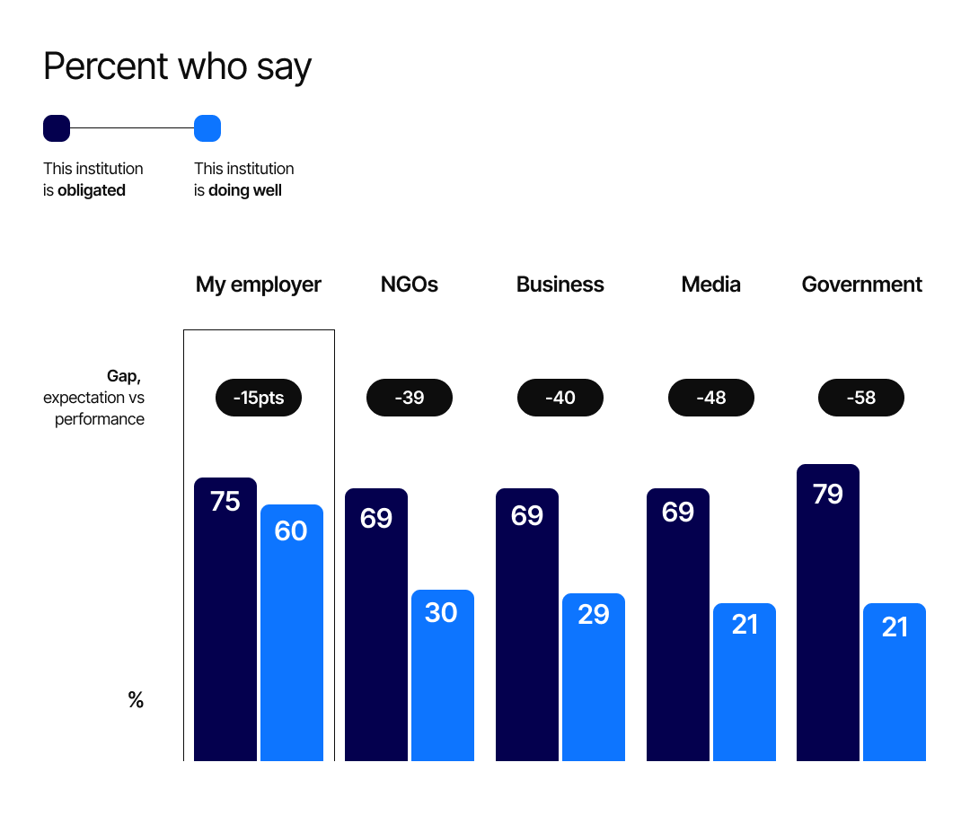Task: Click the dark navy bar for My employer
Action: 225,628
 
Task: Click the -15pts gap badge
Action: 259,398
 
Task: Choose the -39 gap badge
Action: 410,398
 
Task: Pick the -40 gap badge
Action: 560,398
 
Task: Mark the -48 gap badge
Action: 711,398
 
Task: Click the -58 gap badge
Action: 861,398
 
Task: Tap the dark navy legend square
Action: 57,128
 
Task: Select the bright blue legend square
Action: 207,128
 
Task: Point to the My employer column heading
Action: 259,285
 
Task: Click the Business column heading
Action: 560,285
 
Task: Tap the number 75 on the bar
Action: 225,502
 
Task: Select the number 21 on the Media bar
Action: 745,624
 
